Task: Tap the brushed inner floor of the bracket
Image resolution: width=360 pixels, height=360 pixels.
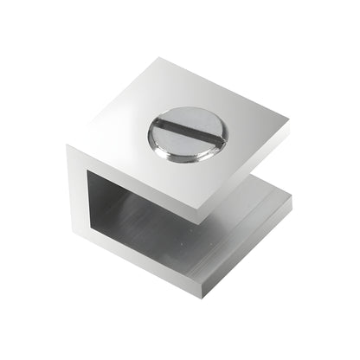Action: (x=186, y=238)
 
